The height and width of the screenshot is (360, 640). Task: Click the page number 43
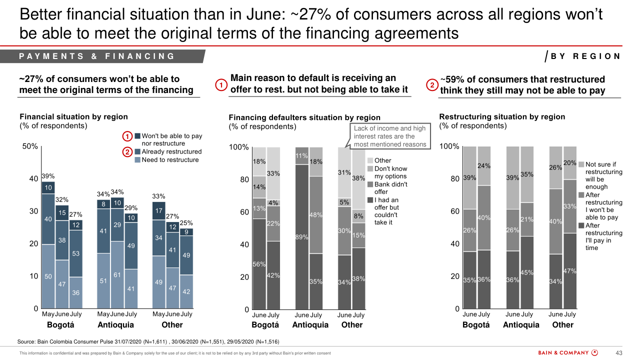[617, 353]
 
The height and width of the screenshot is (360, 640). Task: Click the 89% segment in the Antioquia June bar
[302, 236]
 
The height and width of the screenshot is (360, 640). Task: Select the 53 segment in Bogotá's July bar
[76, 253]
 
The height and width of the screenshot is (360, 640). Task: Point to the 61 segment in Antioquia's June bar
[117, 274]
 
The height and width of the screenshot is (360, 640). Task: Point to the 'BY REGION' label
[585, 56]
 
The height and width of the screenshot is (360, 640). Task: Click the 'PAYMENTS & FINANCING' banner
[97, 56]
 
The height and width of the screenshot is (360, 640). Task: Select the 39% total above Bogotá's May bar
[48, 176]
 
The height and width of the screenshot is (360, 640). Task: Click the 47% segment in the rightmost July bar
[570, 271]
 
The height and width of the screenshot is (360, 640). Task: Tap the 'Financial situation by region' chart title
[73, 116]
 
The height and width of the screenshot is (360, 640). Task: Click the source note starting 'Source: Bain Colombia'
[148, 341]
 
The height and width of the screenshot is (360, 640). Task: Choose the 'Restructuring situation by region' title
[502, 116]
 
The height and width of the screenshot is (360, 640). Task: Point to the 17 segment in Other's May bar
[158, 211]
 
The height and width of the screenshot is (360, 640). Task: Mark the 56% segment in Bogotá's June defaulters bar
[259, 264]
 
